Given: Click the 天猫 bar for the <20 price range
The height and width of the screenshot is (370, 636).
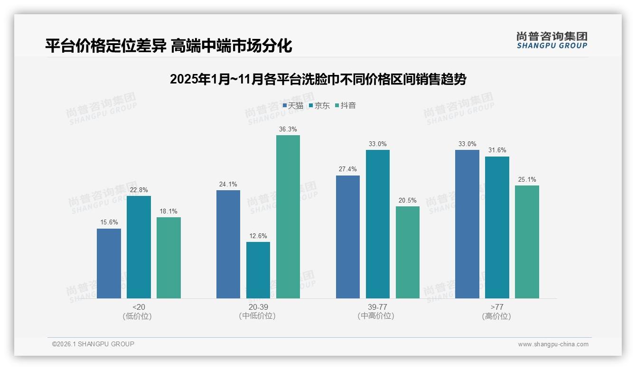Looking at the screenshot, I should click(109, 263).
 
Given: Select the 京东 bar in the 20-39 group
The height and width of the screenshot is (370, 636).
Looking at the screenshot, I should click(258, 270).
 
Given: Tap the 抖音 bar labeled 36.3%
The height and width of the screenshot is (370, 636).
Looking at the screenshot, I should click(288, 217).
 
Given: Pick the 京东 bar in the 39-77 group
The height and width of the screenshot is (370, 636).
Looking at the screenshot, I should click(377, 224).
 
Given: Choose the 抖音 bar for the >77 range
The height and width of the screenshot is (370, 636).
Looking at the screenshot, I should click(527, 241).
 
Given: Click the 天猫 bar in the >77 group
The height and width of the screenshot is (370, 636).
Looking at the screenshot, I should click(467, 224).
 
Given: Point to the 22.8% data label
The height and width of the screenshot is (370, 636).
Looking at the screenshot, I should click(139, 190).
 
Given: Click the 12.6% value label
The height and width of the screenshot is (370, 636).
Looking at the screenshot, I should click(258, 236).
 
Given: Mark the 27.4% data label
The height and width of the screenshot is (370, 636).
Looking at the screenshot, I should click(347, 169).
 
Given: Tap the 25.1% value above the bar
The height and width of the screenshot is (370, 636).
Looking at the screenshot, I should click(527, 179).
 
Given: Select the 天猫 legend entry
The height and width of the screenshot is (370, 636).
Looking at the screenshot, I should click(293, 105).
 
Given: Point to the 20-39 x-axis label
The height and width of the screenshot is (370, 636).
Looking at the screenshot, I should click(258, 307).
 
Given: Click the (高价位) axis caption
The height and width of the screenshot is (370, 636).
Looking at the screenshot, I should click(496, 316).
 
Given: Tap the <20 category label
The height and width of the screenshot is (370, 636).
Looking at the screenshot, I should click(139, 307).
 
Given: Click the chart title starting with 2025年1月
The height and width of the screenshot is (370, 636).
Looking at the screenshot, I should click(318, 79).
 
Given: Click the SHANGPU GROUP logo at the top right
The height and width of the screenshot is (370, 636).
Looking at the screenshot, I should click(552, 40).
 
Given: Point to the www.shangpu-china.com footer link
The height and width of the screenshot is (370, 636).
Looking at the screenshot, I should click(553, 344).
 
